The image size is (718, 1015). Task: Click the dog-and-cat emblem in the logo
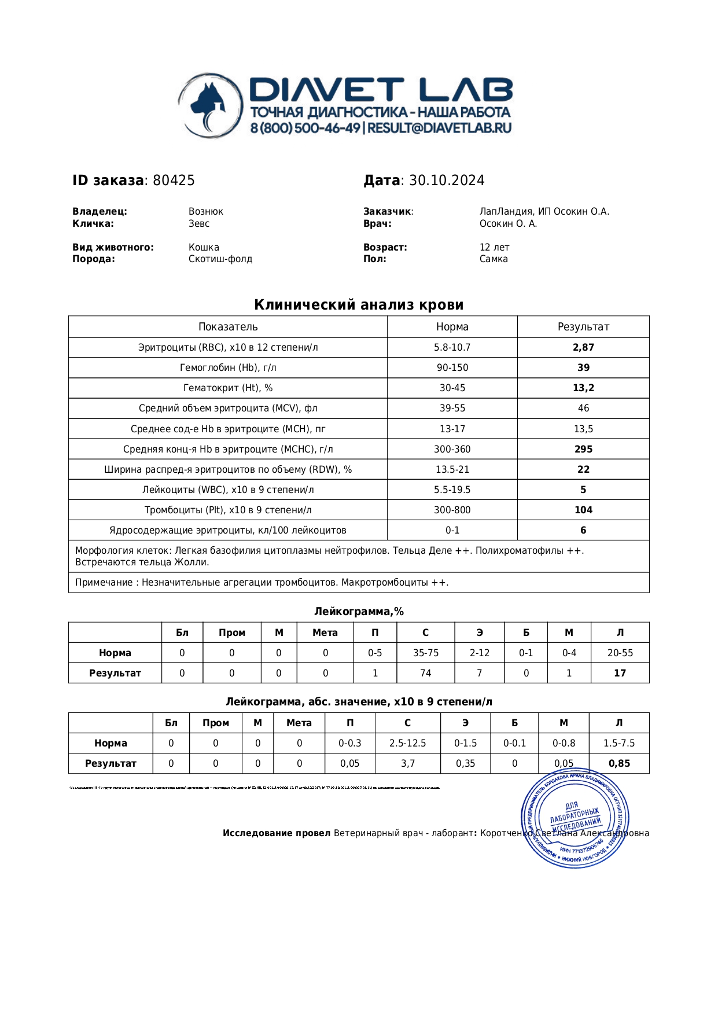click(x=209, y=105)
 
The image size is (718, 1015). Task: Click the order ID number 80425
click(x=174, y=181)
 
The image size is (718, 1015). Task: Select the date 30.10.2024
click(x=447, y=181)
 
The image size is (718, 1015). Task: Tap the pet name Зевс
click(x=199, y=223)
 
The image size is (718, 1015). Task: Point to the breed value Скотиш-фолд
click(x=220, y=259)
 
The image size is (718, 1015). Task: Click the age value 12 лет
click(x=494, y=247)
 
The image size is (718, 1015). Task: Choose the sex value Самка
click(x=494, y=259)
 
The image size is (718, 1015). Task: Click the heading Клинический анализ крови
click(x=359, y=305)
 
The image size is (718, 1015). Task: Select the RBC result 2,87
click(x=583, y=347)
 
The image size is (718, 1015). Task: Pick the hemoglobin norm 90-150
click(x=452, y=367)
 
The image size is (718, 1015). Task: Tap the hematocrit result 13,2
click(x=583, y=388)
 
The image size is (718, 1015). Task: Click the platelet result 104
click(x=583, y=510)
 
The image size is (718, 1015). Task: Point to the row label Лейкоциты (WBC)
click(x=228, y=490)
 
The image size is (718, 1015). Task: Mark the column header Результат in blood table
click(x=583, y=326)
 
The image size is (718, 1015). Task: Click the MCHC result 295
click(x=583, y=449)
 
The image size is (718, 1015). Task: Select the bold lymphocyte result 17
click(x=620, y=673)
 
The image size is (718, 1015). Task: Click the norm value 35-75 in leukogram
click(x=425, y=653)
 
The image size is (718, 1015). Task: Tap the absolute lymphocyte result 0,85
click(x=619, y=763)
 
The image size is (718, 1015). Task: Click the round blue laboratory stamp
click(x=575, y=818)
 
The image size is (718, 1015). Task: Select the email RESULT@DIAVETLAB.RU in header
click(x=439, y=128)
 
